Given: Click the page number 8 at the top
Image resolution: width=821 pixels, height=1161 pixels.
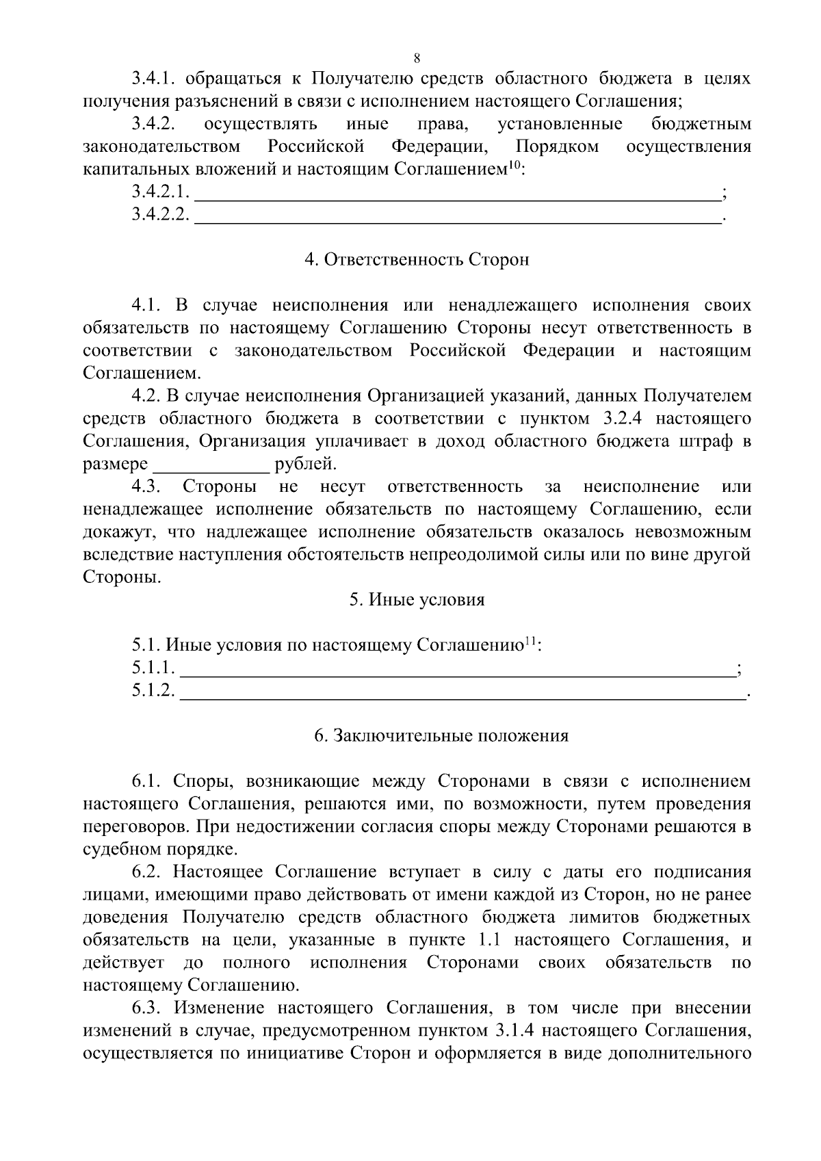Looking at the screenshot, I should pos(417,57).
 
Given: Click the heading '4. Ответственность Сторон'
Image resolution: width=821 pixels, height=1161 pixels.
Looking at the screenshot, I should pos(417,261).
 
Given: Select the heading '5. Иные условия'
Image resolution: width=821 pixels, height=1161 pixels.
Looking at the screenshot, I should pos(417,600).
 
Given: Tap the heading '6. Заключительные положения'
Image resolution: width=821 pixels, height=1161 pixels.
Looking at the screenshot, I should pos(441,736).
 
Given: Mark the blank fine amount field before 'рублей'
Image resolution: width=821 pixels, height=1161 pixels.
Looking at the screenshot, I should pos(211,466).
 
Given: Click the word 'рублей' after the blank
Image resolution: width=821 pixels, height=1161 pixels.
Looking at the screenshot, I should pos(305,465).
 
